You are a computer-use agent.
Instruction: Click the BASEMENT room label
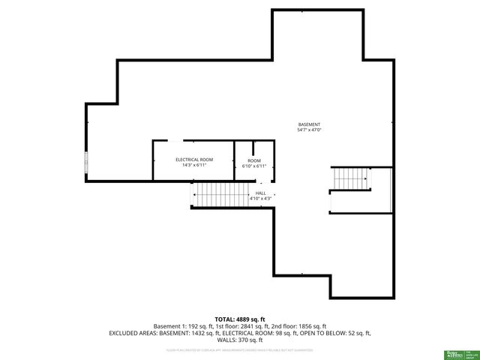click(309, 124)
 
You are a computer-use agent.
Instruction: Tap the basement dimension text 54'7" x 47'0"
click(309, 130)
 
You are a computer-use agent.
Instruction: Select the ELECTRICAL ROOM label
click(194, 160)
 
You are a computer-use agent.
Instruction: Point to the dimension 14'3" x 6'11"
click(194, 165)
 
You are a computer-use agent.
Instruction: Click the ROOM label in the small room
click(255, 160)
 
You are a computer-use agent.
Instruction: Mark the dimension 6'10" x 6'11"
click(255, 166)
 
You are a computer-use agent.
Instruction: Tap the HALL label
click(261, 193)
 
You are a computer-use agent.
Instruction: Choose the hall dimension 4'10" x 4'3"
click(261, 198)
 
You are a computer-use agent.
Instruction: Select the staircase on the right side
click(351, 179)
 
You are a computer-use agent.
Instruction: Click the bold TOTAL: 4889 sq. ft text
click(240, 319)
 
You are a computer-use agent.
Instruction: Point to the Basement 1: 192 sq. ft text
click(182, 325)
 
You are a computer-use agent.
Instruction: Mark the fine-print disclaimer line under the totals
click(240, 349)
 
